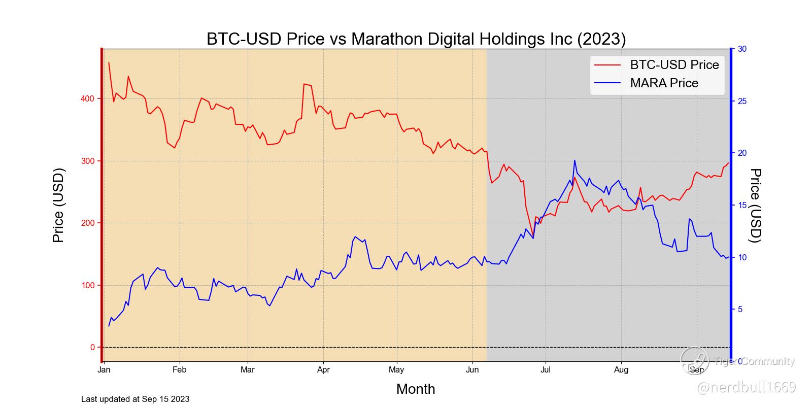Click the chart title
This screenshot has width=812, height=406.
pyautogui.click(x=416, y=39)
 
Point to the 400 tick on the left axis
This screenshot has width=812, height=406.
pyautogui.click(x=88, y=98)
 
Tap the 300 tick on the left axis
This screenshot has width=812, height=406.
pyautogui.click(x=88, y=161)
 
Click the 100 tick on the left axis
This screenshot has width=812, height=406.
pyautogui.click(x=88, y=285)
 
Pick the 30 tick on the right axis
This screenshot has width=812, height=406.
pyautogui.click(x=742, y=49)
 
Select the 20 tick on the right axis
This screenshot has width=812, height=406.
pyautogui.click(x=742, y=153)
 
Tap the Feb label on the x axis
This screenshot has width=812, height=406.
pyautogui.click(x=179, y=370)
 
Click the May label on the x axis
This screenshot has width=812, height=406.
pyautogui.click(x=396, y=370)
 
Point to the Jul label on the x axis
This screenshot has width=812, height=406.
pyautogui.click(x=546, y=370)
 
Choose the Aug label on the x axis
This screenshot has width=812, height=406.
pyautogui.click(x=621, y=370)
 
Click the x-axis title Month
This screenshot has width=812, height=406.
pyautogui.click(x=416, y=389)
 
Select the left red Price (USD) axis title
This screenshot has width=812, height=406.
pyautogui.click(x=58, y=206)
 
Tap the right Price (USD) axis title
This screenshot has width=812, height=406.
pyautogui.click(x=756, y=206)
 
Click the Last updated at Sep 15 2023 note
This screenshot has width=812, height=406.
pyautogui.click(x=135, y=399)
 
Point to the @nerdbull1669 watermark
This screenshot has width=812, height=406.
pyautogui.click(x=747, y=388)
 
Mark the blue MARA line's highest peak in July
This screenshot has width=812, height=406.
pyautogui.click(x=574, y=160)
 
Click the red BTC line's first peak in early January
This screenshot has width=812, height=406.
pyautogui.click(x=109, y=63)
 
